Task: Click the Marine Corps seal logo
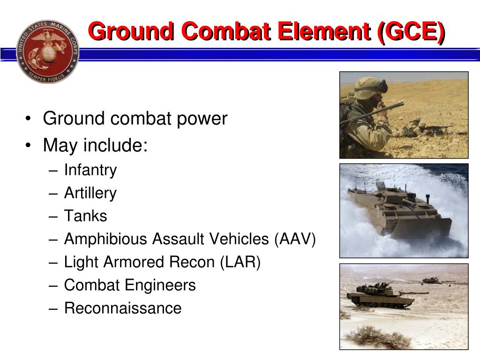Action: tap(47, 52)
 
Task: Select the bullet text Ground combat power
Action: tap(135, 119)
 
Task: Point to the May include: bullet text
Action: tap(95, 145)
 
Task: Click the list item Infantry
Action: tap(90, 170)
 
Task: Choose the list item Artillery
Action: tap(90, 193)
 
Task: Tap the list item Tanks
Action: tap(86, 216)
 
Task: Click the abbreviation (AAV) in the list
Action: tap(295, 239)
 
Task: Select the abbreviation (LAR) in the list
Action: tap(240, 262)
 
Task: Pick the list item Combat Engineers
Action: tap(130, 285)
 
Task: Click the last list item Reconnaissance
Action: tap(123, 308)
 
